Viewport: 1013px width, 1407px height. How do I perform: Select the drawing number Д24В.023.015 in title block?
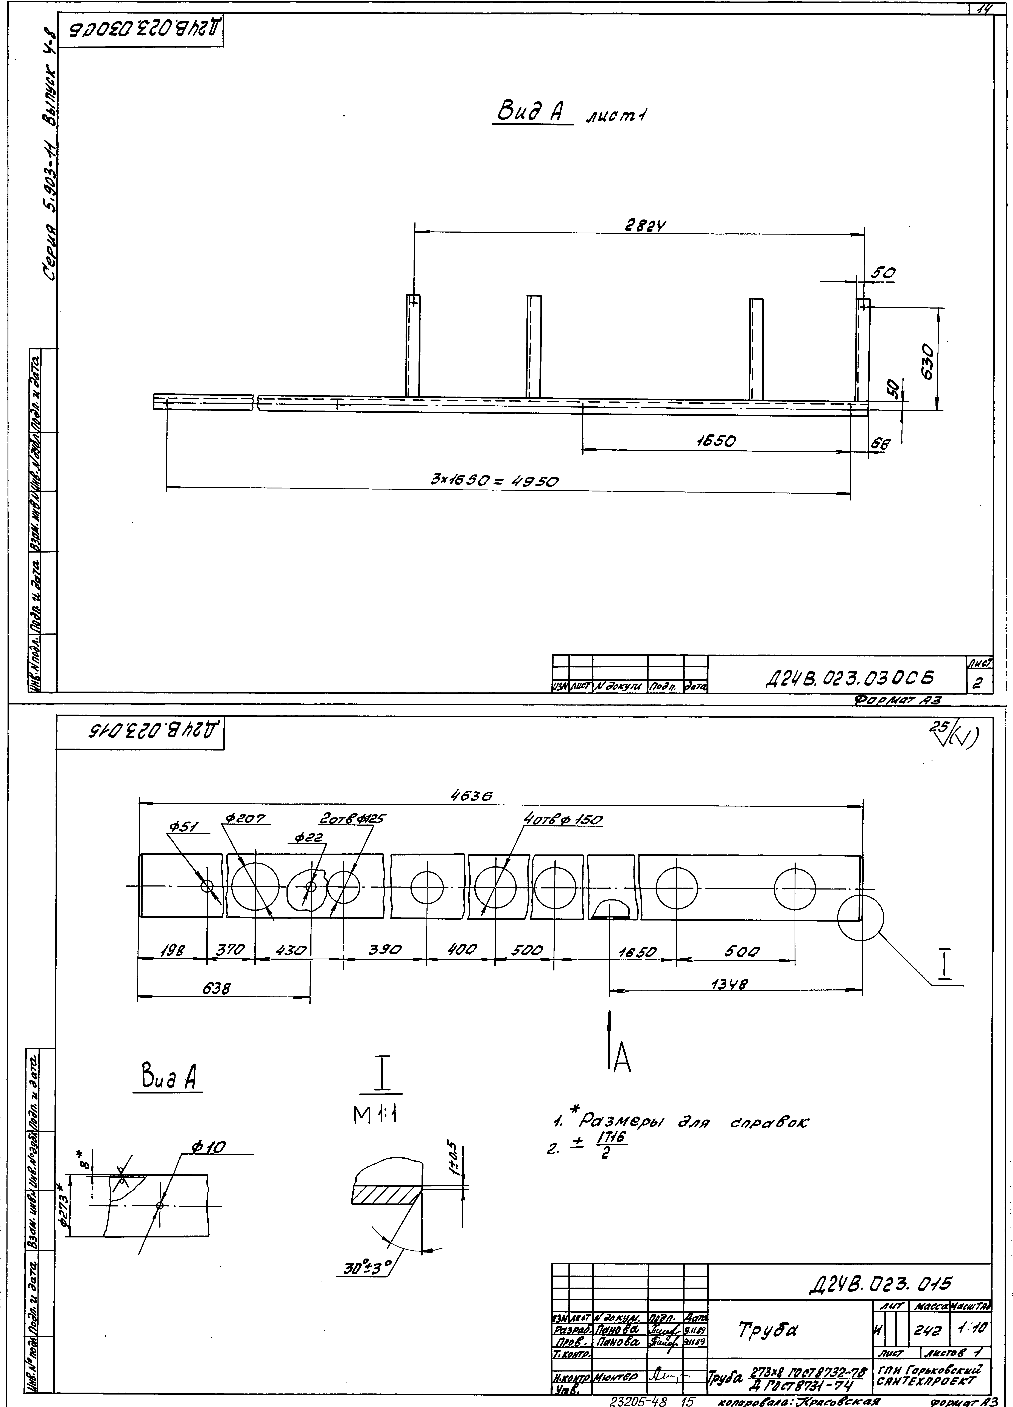(x=880, y=1282)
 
